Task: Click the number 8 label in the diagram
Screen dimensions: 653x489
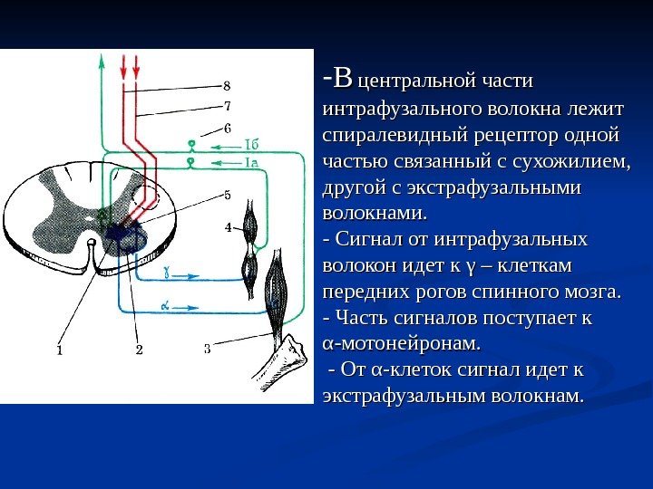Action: tap(227, 86)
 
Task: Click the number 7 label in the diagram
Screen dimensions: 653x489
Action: tap(227, 106)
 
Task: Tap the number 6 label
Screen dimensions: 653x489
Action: tap(227, 128)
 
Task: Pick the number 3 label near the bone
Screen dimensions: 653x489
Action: tap(207, 347)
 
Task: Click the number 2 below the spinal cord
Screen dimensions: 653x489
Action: tap(139, 348)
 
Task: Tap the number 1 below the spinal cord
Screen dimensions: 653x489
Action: tap(60, 348)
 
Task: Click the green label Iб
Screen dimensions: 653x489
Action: tap(254, 143)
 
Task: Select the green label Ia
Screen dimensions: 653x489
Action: tap(254, 162)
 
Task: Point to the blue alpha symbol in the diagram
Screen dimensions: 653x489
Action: tap(165, 306)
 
